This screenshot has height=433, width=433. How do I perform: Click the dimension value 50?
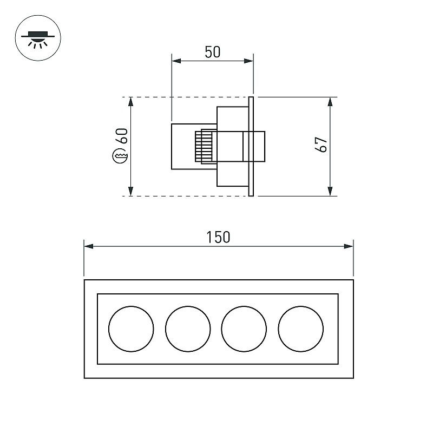coord(213,52)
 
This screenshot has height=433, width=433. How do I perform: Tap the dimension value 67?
coord(321,144)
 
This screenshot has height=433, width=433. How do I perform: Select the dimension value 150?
coord(218,237)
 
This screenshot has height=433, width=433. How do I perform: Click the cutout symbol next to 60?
coord(120,156)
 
